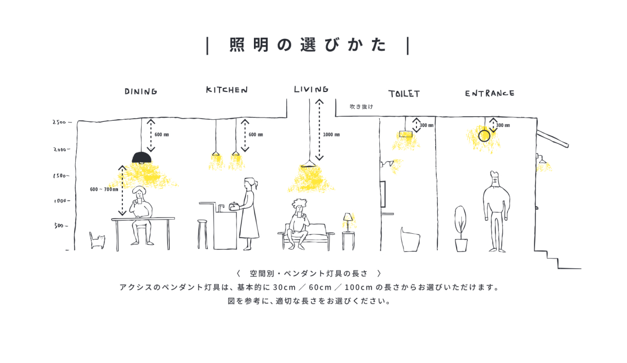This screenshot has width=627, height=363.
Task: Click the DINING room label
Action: click(141, 92)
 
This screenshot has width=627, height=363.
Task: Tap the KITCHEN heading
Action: click(226, 90)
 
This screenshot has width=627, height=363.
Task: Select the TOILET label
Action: click(403, 94)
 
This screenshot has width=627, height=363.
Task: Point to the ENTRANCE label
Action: click(490, 93)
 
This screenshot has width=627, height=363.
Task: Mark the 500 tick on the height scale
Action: click(61, 226)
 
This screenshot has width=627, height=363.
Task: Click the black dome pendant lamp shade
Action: click(142, 156)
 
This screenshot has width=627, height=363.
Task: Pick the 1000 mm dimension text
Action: click(331, 135)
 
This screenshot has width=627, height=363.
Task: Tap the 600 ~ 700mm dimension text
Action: click(104, 189)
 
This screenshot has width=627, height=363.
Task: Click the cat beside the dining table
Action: click(97, 241)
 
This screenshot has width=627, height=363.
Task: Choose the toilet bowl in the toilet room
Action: click(410, 239)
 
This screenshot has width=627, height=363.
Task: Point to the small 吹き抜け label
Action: click(362, 107)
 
